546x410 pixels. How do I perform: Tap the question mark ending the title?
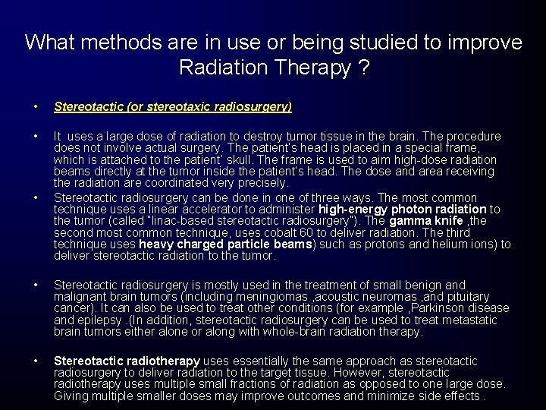(x=363, y=68)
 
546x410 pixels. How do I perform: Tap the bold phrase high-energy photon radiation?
(x=403, y=209)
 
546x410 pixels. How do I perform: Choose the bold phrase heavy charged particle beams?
(x=226, y=244)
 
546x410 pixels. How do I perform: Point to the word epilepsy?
(x=102, y=320)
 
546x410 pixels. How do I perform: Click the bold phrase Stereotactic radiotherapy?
(x=127, y=361)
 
